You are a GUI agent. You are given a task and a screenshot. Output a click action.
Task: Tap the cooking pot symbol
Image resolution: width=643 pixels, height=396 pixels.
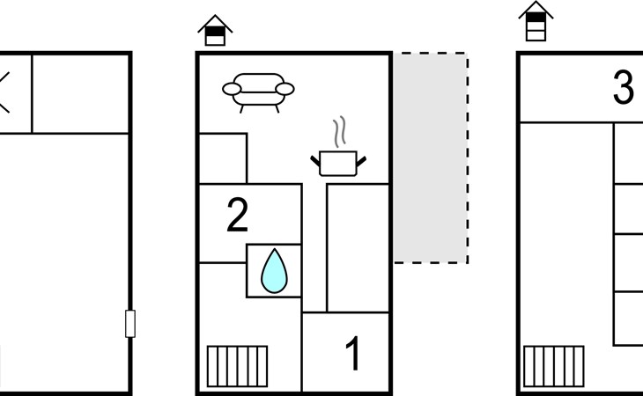(339, 163)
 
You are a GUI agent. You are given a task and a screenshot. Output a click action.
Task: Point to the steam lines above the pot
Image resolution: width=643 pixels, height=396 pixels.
(338, 133)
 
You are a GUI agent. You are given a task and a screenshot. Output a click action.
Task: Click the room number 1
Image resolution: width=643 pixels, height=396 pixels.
(352, 356)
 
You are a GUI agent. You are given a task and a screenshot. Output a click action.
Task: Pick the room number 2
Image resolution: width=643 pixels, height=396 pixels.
(237, 216)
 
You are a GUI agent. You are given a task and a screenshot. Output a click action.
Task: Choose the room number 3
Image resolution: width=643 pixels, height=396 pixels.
(623, 89)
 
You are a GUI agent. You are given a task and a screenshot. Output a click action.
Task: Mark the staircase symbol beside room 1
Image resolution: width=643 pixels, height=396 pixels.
(237, 365)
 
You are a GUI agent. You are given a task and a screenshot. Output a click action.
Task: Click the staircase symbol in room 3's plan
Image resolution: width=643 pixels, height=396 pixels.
(553, 365)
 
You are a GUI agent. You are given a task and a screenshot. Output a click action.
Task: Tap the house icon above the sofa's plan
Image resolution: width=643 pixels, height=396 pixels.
(215, 31)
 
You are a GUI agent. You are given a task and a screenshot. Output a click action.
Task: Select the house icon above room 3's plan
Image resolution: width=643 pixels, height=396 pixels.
(536, 21)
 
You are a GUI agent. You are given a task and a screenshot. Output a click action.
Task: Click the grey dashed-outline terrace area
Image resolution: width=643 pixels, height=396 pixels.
(430, 158)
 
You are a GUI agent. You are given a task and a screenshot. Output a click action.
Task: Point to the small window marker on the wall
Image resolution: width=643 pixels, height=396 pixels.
(130, 324)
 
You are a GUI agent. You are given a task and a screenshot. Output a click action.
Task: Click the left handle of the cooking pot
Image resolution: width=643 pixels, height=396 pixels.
(316, 160)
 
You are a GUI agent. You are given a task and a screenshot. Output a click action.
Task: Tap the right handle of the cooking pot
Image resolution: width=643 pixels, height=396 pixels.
(361, 160)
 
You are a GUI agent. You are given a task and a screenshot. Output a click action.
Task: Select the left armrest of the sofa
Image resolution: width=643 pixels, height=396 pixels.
(232, 89)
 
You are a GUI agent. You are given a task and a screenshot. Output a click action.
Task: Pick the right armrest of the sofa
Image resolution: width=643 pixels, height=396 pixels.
(285, 89)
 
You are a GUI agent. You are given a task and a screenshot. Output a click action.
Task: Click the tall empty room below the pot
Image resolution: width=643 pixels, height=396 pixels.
(358, 246)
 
